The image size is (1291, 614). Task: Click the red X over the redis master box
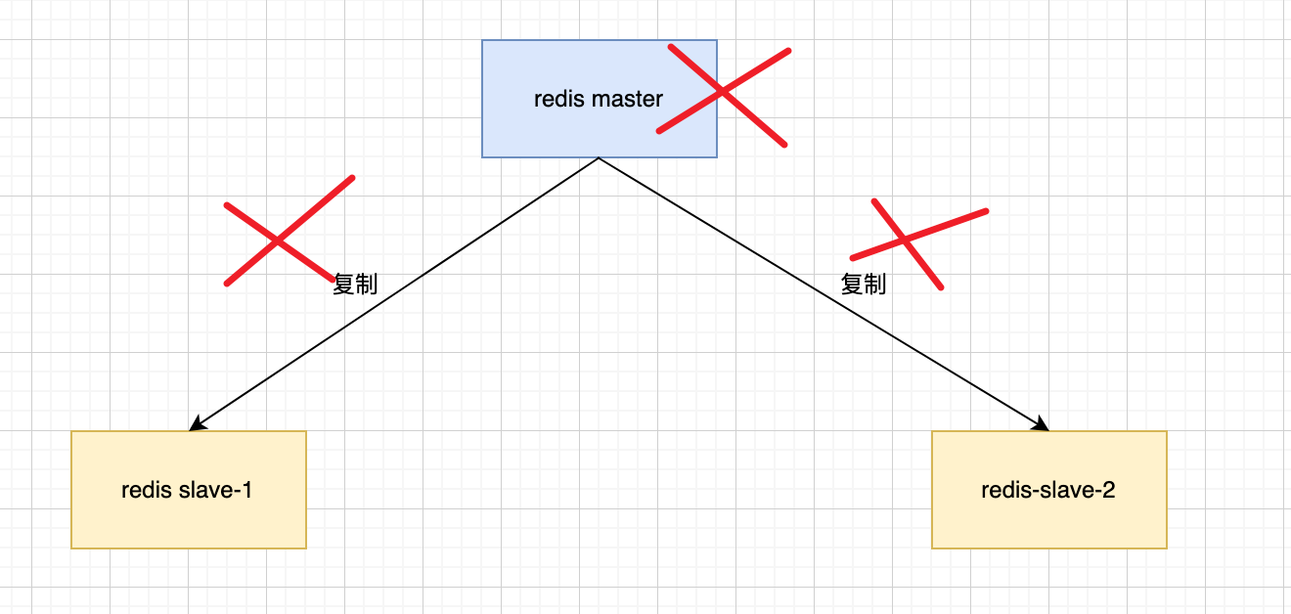723,92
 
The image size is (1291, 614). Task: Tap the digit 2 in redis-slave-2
1108,490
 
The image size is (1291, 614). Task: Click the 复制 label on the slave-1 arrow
355,284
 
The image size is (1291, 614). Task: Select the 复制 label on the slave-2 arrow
864,284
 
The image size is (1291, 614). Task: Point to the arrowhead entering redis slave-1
195,425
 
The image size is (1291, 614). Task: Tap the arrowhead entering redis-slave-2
1043,425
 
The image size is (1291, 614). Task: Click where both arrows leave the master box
599,157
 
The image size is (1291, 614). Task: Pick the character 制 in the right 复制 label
875,284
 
